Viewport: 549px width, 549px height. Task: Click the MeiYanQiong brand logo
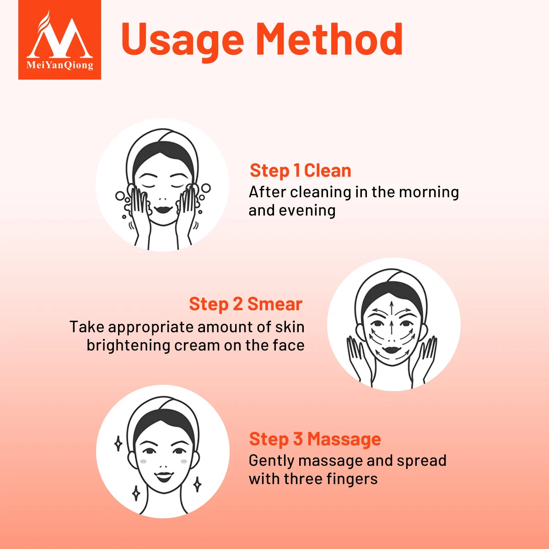[59, 40]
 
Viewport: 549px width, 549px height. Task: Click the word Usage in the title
[182, 39]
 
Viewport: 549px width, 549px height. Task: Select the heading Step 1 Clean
[300, 171]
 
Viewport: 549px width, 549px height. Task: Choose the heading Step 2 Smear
[245, 304]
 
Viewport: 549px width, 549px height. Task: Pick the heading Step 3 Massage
[315, 439]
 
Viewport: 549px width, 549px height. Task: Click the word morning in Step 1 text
[429, 192]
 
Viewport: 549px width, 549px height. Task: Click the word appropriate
[151, 328]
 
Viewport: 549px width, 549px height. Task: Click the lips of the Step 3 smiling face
[163, 477]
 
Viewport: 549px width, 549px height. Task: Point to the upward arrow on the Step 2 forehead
[391, 305]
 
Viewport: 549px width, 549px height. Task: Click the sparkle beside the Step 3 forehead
[118, 443]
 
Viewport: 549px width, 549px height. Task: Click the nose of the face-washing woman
[163, 196]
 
